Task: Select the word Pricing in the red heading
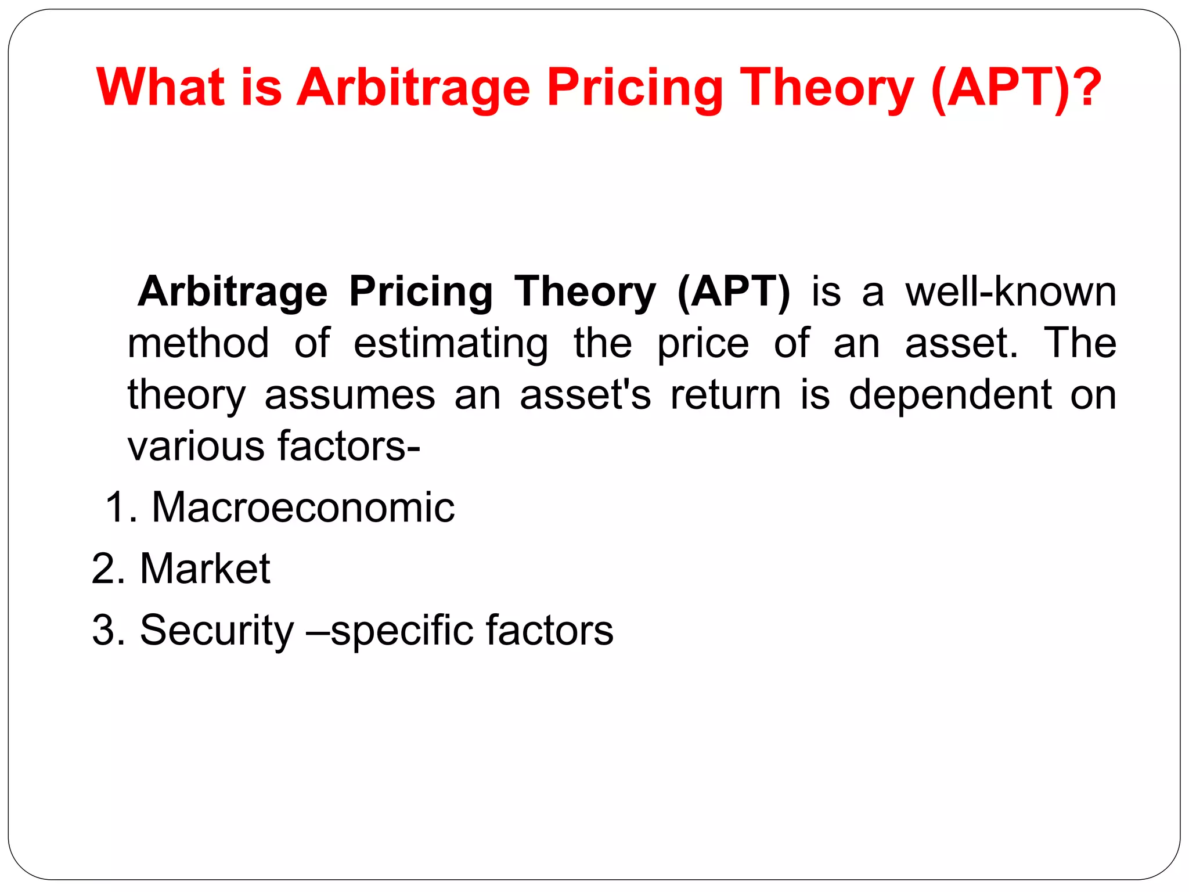(x=634, y=88)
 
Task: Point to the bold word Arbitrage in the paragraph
(x=232, y=292)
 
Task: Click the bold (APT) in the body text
(x=733, y=292)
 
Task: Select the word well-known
(x=1011, y=292)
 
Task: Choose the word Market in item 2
(x=205, y=569)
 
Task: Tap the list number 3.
(x=105, y=630)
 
